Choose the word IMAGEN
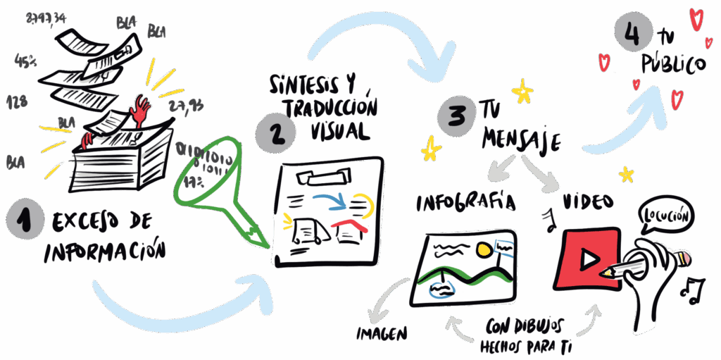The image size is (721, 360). pyautogui.click(x=383, y=332)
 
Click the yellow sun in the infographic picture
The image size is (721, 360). pyautogui.click(x=484, y=249)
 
